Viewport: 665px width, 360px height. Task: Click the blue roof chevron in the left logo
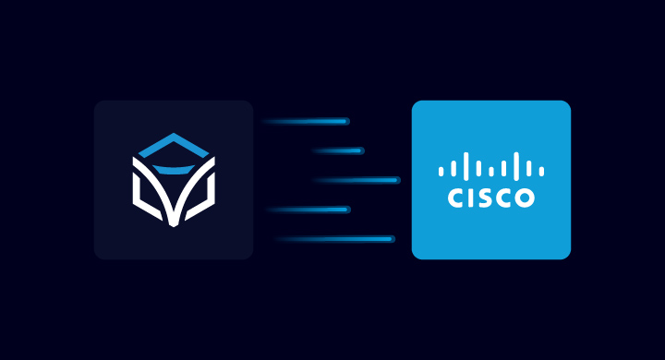click(x=173, y=140)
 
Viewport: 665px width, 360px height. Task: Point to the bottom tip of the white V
click(x=173, y=224)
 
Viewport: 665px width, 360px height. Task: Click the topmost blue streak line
click(x=305, y=121)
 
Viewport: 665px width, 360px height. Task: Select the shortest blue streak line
click(x=338, y=150)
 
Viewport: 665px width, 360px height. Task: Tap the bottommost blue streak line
click(x=337, y=239)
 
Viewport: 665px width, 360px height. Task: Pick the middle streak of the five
click(x=356, y=180)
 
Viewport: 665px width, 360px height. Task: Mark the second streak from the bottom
click(x=309, y=210)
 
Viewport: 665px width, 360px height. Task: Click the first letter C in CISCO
click(x=456, y=198)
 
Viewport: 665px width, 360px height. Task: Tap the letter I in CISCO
click(x=471, y=198)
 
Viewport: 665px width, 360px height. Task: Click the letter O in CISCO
click(x=523, y=198)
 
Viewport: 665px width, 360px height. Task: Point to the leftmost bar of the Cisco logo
click(x=441, y=171)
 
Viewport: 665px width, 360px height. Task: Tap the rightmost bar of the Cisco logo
click(x=542, y=171)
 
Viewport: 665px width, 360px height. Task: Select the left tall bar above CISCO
click(x=465, y=166)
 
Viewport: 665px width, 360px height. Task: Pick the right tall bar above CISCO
click(x=516, y=166)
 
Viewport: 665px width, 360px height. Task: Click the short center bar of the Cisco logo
click(x=491, y=171)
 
